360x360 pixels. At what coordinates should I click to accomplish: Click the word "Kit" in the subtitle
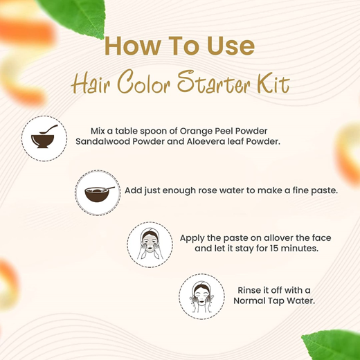(x=271, y=85)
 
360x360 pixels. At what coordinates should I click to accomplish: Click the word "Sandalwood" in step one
(x=102, y=141)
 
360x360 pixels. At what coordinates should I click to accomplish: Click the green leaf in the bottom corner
(x=330, y=345)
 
